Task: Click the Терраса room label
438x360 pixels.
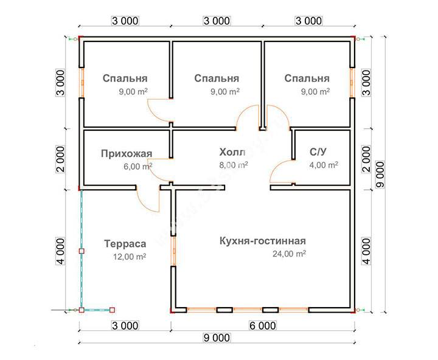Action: tap(125, 244)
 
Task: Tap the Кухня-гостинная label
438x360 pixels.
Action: tap(263, 241)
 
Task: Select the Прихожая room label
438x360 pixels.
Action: tap(127, 154)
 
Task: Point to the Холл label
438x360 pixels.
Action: tap(232, 152)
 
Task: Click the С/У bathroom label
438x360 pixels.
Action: tap(318, 152)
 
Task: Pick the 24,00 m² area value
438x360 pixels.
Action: tap(289, 254)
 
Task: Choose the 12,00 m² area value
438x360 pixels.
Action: tap(130, 257)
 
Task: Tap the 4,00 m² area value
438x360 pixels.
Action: tap(324, 165)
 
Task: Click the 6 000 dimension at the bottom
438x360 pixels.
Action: tap(263, 326)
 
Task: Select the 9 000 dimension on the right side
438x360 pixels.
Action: tap(380, 174)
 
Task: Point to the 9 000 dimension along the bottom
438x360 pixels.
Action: tap(217, 338)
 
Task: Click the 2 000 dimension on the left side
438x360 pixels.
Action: tap(61, 159)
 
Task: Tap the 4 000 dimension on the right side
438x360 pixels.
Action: tap(366, 251)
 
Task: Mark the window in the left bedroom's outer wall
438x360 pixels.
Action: tap(82, 83)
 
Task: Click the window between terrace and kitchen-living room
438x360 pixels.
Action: tap(173, 251)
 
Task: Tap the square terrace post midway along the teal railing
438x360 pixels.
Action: tap(82, 251)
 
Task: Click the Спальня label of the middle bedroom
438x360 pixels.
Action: tap(217, 78)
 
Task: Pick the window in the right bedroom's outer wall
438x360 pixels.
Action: tap(352, 83)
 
